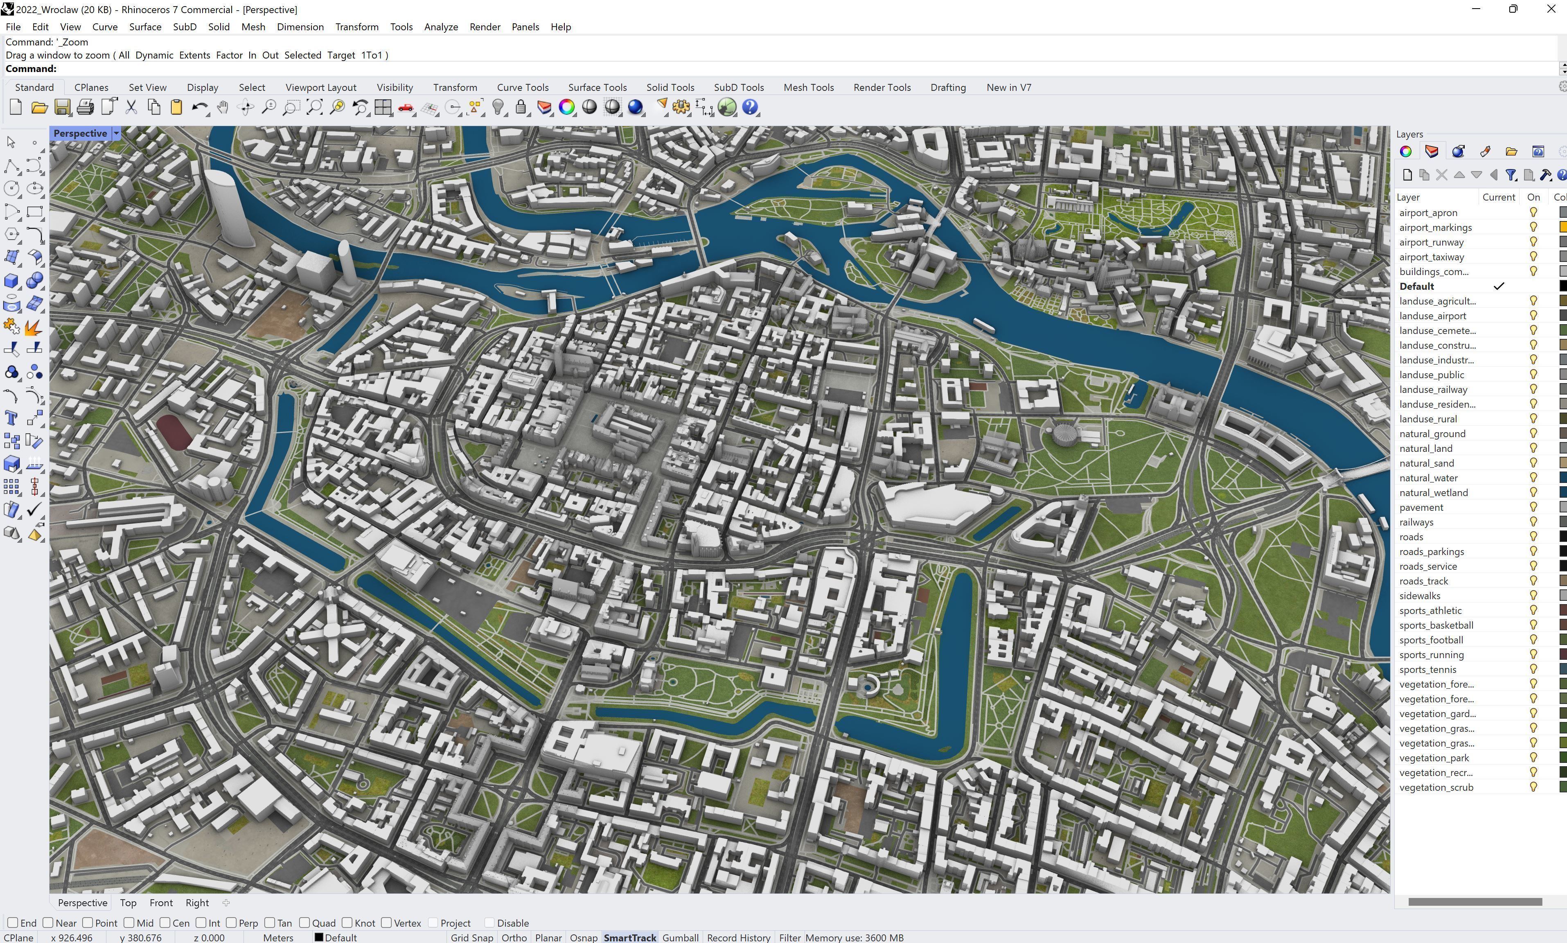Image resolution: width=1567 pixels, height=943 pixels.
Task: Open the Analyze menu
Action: pyautogui.click(x=441, y=27)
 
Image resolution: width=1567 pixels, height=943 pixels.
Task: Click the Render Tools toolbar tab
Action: pyautogui.click(x=882, y=87)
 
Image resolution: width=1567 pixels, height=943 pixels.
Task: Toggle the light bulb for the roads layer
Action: pyautogui.click(x=1533, y=537)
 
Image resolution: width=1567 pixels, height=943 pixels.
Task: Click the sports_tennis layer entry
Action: pyautogui.click(x=1427, y=669)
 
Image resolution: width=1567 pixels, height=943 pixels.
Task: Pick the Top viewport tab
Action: pyautogui.click(x=128, y=902)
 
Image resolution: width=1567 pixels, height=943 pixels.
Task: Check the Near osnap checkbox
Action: pyautogui.click(x=48, y=923)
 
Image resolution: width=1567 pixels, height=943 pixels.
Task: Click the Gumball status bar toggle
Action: pyautogui.click(x=680, y=937)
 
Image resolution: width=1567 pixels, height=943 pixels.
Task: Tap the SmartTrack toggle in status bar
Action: pyautogui.click(x=629, y=937)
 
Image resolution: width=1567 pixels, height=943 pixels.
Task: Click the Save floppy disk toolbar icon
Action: pyautogui.click(x=62, y=107)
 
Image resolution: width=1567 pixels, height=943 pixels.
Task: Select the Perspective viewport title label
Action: pyautogui.click(x=80, y=133)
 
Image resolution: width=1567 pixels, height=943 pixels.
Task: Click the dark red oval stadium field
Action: pyautogui.click(x=174, y=431)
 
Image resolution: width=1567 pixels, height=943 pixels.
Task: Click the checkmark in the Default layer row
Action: pyautogui.click(x=1498, y=286)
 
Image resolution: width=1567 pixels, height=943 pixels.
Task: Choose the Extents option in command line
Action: pyautogui.click(x=194, y=55)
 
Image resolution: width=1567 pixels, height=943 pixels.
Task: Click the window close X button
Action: pyautogui.click(x=1551, y=9)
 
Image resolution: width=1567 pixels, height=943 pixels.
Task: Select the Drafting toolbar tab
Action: pyautogui.click(x=948, y=87)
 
